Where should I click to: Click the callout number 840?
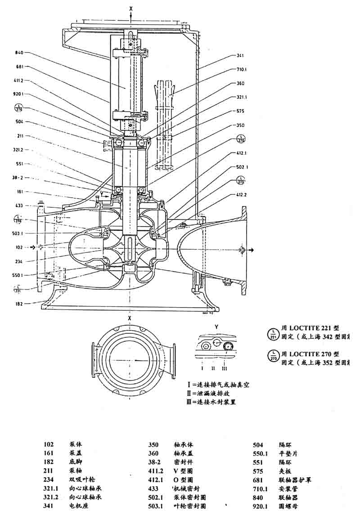point(19,53)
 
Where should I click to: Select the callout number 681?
point(19,67)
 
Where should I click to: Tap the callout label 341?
point(240,56)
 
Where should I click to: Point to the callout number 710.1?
point(242,70)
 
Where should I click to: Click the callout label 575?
point(240,111)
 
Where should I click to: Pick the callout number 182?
point(19,304)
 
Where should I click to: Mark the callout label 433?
point(19,206)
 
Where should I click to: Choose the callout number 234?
point(19,261)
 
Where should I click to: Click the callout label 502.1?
point(242,167)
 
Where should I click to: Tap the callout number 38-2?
point(18,177)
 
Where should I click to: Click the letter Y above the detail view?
point(216,326)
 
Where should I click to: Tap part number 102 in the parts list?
point(49,443)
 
